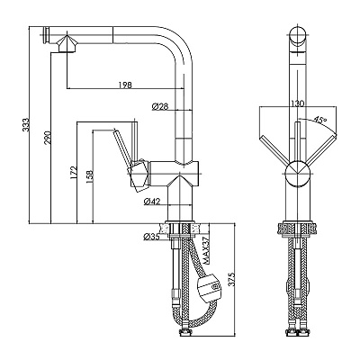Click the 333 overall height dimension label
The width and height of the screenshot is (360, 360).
click(27, 125)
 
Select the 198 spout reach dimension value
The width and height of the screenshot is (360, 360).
click(125, 85)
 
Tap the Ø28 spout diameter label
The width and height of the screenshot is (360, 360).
click(160, 106)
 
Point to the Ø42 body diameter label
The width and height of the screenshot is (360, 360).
click(152, 202)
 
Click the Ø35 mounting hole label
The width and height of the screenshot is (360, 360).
click(152, 237)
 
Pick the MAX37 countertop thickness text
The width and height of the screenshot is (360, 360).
click(205, 250)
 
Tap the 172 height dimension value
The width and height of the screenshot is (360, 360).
click(74, 174)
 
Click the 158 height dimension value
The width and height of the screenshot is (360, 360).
click(90, 177)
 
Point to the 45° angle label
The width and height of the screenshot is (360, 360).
click(319, 121)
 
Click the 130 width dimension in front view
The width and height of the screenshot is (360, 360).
click(297, 103)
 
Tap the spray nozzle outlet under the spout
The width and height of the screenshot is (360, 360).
click(66, 44)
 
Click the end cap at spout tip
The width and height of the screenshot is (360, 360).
click(46, 35)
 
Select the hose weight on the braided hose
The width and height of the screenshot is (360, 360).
click(208, 289)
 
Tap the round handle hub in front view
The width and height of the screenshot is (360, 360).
click(297, 174)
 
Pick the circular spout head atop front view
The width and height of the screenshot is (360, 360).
click(298, 36)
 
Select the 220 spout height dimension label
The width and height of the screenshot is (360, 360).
click(48, 138)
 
